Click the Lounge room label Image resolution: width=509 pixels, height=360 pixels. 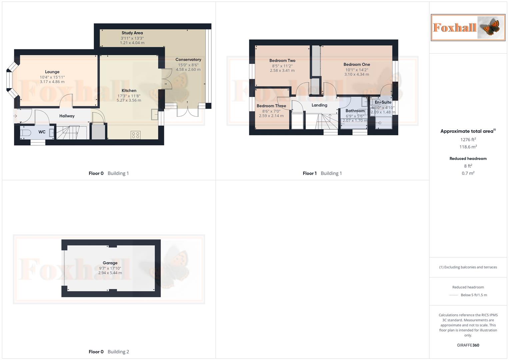[x=52, y=72]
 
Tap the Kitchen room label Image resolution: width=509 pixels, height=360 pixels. [x=129, y=90]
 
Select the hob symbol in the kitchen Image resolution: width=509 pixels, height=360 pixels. [x=136, y=135]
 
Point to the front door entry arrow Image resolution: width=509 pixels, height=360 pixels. [x=15, y=116]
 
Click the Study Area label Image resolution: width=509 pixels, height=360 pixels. [x=132, y=33]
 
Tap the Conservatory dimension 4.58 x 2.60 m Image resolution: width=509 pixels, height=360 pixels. [x=188, y=70]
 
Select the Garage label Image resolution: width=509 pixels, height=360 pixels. [x=110, y=263]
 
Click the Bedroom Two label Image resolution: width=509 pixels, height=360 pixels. [x=282, y=60]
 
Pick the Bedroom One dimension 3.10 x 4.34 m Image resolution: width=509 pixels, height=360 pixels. [x=357, y=74]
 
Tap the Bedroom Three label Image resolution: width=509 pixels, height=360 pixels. [x=271, y=106]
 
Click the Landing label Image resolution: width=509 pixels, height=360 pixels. [x=319, y=105]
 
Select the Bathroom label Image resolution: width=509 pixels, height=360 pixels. [x=355, y=111]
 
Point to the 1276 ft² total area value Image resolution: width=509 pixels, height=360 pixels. [x=468, y=140]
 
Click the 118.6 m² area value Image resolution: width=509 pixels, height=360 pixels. [x=468, y=147]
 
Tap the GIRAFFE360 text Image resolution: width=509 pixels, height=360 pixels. [x=468, y=345]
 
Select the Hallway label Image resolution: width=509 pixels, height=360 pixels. [x=67, y=116]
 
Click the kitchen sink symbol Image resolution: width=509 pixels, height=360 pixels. [x=155, y=114]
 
